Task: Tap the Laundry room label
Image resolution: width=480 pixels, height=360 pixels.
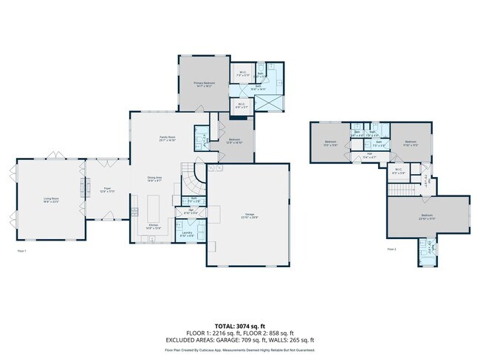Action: (188, 234)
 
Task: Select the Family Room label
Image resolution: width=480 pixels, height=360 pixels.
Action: (167, 139)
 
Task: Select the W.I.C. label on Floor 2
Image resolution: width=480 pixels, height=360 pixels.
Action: (398, 171)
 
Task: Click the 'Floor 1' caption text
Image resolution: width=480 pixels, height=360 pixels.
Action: (21, 251)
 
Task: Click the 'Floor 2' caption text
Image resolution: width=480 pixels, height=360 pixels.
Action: (391, 249)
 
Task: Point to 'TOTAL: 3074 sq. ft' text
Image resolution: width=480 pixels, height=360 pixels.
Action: (239, 325)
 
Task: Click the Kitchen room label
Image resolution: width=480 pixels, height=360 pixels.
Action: (154, 226)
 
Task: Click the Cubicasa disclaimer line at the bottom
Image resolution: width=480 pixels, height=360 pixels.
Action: (239, 350)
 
